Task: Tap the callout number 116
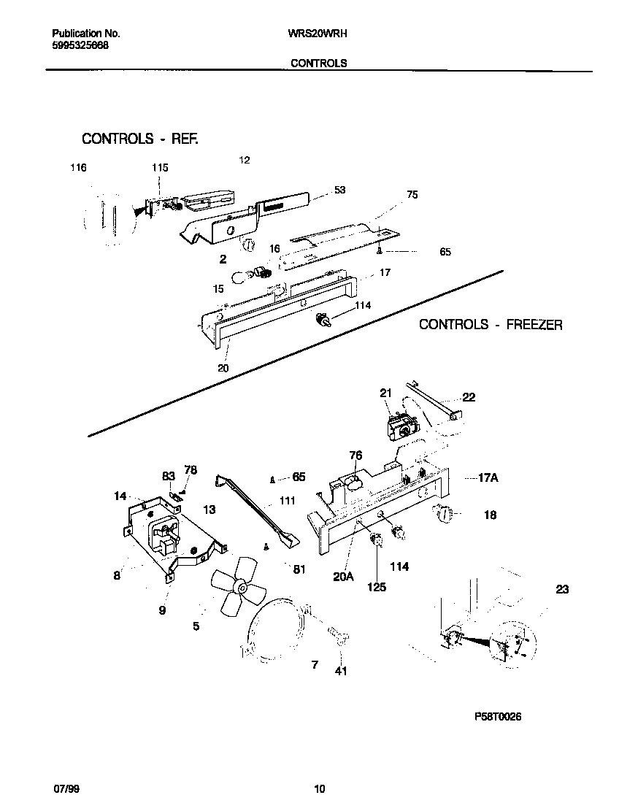click(x=78, y=168)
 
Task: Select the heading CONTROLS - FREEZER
click(x=491, y=324)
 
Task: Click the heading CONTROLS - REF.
click(x=140, y=139)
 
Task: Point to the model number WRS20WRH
click(x=315, y=34)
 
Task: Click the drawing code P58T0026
click(x=498, y=717)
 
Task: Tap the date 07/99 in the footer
click(x=66, y=788)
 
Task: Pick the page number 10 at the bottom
click(x=319, y=788)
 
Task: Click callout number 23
click(x=561, y=590)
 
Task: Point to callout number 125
click(x=377, y=586)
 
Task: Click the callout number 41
click(x=341, y=671)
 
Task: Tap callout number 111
click(x=287, y=502)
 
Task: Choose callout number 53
click(x=339, y=190)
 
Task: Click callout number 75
click(x=412, y=195)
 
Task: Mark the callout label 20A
click(x=343, y=576)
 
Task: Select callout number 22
click(x=469, y=397)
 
